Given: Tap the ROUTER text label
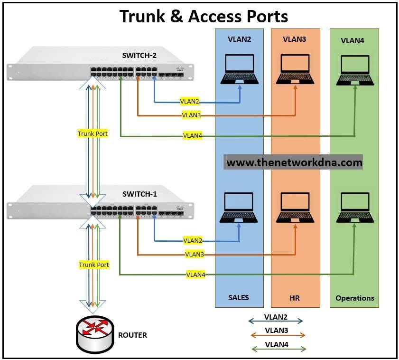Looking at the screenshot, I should [132, 335].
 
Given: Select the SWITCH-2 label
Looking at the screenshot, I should [140, 55].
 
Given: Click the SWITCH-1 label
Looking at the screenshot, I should [140, 194].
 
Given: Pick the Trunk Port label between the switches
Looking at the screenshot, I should [93, 134].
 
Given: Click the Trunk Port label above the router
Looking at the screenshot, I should [94, 265].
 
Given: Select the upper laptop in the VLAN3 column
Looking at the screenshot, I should [296, 70].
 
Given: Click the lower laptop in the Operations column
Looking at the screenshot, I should [354, 208].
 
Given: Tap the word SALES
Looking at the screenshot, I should [238, 298].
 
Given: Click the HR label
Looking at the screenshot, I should [294, 298].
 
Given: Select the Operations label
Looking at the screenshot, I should [354, 298].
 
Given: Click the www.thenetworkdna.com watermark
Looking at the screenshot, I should [294, 162].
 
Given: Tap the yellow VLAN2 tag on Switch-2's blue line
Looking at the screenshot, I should [190, 102].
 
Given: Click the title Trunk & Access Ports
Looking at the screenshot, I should [204, 16].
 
